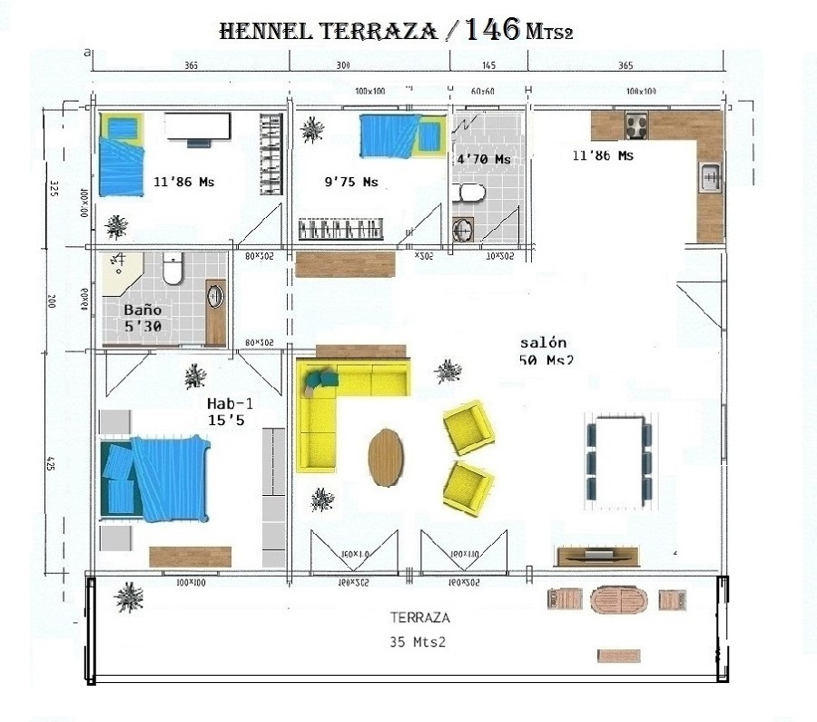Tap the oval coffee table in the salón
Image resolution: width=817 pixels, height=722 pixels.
[x=388, y=454]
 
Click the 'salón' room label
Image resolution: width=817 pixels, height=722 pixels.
[x=543, y=342]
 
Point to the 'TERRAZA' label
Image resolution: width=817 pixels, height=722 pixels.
[x=420, y=616]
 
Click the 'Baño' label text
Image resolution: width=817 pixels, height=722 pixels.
[x=143, y=308]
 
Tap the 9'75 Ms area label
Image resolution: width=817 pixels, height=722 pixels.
[x=350, y=182]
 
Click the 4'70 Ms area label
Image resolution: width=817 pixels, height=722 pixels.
[x=483, y=159]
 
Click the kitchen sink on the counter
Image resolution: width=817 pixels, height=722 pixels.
[x=709, y=175]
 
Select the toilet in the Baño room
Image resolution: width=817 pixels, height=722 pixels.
[x=173, y=269]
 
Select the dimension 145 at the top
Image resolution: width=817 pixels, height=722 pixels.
[x=488, y=65]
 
